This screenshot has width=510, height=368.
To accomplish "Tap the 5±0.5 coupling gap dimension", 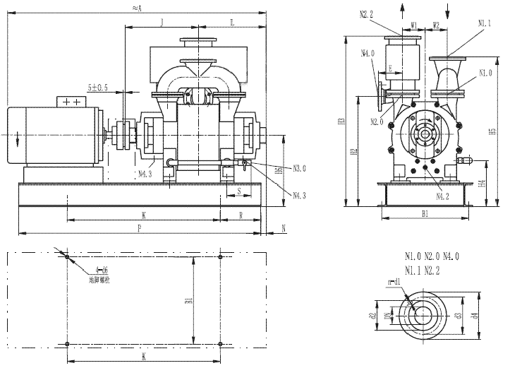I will (x=98, y=88).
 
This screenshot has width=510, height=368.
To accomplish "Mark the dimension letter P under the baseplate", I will (x=140, y=228).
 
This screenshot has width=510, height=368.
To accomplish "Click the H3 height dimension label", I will (x=341, y=121).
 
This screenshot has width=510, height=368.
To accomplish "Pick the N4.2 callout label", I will (x=444, y=196).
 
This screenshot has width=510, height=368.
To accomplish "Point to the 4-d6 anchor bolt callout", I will (x=102, y=270).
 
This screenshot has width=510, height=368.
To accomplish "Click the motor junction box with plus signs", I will (x=71, y=102).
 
